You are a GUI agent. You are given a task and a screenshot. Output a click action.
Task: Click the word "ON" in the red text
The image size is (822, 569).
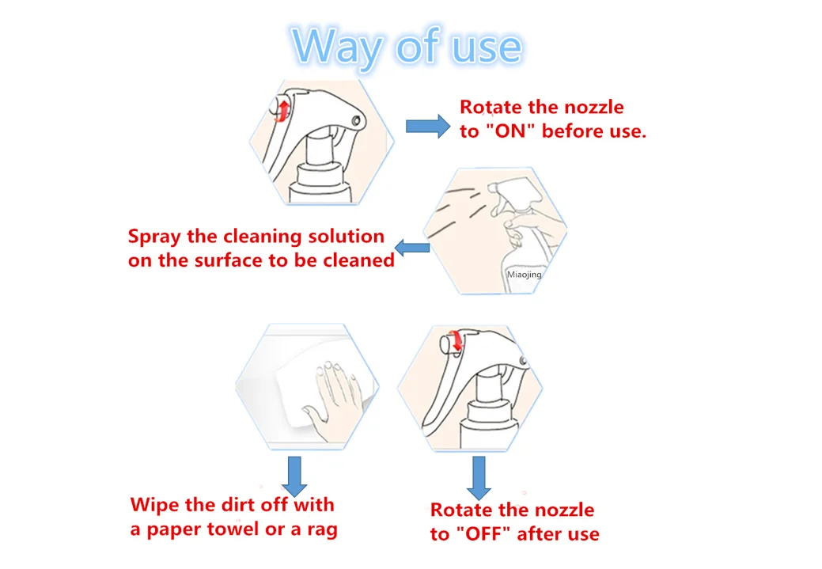tap(510, 131)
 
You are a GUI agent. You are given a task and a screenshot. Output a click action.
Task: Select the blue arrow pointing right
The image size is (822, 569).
tap(428, 126)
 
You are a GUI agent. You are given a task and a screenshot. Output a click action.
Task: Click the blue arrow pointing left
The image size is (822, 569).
tap(412, 248)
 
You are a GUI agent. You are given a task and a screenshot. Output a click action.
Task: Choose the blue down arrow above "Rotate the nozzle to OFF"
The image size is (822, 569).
tap(479, 478)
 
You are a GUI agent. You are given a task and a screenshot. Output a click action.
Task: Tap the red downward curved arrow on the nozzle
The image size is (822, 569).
tap(457, 340)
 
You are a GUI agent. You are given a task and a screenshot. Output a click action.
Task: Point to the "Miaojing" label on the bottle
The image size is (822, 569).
tap(525, 275)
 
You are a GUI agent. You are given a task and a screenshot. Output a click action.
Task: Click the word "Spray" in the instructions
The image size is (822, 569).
tap(154, 237)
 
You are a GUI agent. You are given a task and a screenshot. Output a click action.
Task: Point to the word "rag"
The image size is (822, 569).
tap(323, 530)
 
